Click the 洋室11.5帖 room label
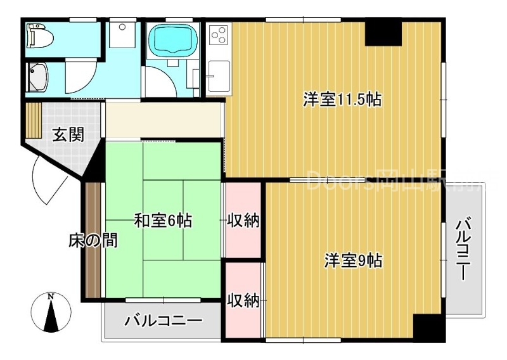342,100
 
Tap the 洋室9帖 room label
354,260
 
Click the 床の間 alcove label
93,241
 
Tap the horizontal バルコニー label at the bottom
163,321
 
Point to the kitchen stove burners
219,35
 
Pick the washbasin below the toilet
37,77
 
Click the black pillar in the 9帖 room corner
426,328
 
